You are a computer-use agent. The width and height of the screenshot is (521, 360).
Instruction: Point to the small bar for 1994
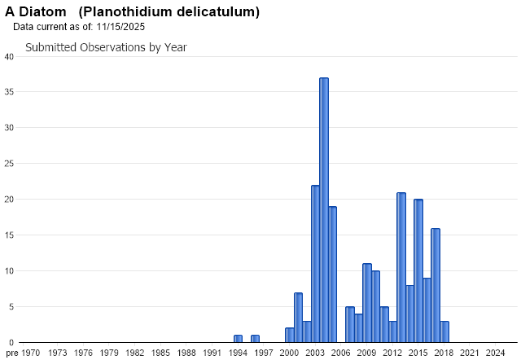(238, 338)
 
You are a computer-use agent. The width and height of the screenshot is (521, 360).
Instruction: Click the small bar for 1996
(255, 338)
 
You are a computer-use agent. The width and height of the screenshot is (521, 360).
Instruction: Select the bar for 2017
(436, 285)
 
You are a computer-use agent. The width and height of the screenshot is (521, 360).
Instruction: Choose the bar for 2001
(298, 317)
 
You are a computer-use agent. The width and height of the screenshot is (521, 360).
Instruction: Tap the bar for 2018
(444, 331)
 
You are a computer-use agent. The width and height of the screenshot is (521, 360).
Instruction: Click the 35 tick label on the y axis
(8, 92)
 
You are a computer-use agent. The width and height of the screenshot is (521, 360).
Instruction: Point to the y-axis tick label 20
(8, 200)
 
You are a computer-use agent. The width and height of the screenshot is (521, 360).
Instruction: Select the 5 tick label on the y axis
(11, 307)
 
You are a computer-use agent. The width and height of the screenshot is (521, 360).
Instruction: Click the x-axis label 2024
(495, 352)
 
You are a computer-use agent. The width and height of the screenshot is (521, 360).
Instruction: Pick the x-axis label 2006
(340, 352)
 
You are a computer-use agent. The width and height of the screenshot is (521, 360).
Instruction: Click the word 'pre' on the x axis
(11, 352)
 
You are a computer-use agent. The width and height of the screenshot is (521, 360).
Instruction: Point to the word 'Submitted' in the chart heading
(50, 47)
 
